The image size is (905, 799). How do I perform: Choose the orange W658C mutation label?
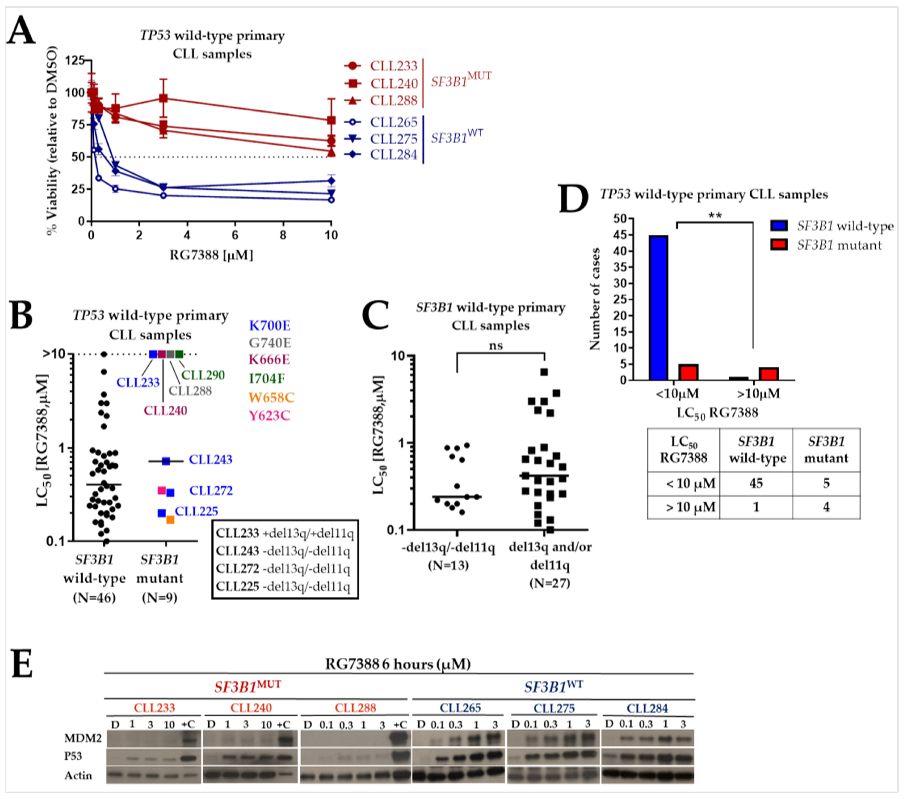[271, 397]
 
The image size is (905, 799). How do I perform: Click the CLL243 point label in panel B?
[210, 459]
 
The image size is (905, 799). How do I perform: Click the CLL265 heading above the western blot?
[460, 708]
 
